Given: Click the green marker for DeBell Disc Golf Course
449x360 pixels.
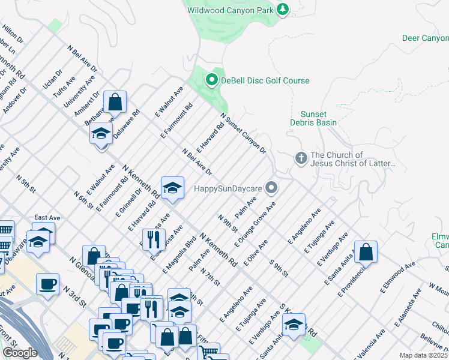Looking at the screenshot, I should [211, 80].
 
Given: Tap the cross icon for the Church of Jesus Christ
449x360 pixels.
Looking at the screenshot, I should [301, 158].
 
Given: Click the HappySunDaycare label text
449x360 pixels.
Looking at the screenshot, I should [228, 188].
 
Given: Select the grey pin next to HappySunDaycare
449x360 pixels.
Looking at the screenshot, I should [272, 188].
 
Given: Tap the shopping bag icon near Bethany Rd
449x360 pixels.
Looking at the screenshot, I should [115, 103].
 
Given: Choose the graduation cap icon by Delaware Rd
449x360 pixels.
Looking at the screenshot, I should [101, 133].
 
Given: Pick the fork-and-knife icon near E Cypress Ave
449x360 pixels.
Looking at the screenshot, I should [156, 239].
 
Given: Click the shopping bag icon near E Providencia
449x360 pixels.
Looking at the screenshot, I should [366, 253].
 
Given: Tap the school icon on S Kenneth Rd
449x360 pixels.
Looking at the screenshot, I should [294, 325].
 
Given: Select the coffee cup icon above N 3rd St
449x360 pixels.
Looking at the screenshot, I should [47, 284].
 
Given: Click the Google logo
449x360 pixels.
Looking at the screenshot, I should [20, 353].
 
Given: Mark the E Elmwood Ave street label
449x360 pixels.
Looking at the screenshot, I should [397, 278].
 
